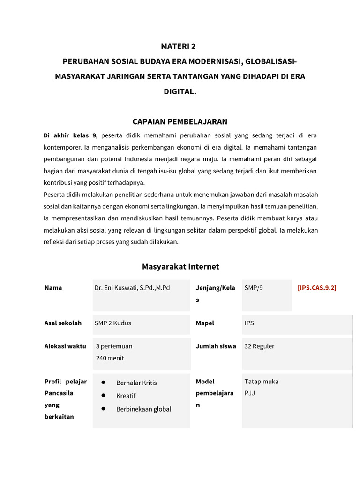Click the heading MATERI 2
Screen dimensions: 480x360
178,46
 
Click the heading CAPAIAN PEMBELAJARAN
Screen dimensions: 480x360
180,122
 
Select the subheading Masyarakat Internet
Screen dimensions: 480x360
180,267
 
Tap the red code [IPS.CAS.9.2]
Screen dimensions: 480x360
316,288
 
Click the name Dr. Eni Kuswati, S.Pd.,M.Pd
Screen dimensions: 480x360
132,288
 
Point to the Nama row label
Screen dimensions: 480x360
53,288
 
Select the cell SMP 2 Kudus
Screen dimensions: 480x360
114,323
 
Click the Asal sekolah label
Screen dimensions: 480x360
63,323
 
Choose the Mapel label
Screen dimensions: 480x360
205,323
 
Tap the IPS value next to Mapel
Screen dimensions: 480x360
249,323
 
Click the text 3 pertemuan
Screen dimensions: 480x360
114,346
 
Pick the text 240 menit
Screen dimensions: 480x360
110,358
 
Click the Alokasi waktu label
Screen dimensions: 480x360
65,346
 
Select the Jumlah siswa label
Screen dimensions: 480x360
216,346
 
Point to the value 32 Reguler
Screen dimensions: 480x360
259,346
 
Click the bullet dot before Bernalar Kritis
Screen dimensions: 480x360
103,382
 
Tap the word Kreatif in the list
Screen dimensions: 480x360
126,396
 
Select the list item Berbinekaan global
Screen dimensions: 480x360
143,409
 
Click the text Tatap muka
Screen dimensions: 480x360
261,382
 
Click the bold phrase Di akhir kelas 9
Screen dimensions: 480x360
70,135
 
